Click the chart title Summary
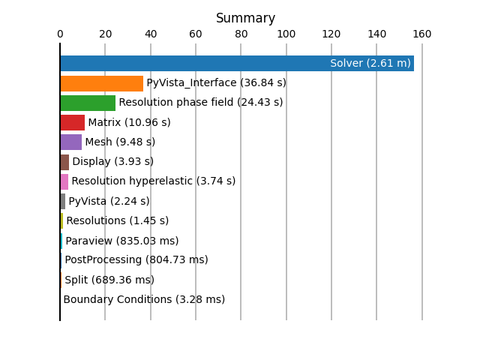coord(245,18)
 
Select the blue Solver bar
coord(237,63)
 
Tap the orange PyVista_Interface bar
coord(102,83)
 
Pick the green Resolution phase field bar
coord(88,103)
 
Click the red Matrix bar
coord(73,123)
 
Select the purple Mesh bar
coord(71,142)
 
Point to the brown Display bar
coord(64,162)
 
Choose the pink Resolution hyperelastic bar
coord(64,181)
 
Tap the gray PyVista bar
coord(63,202)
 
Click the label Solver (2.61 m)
coord(370,63)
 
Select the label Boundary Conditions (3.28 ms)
coord(144,299)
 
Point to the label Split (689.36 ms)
coord(109,280)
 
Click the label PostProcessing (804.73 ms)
coord(136,260)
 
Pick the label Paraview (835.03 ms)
coord(122,241)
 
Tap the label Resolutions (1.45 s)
coord(118,220)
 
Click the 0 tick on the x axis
coord(60,34)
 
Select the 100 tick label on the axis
coord(286,34)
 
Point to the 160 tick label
coord(422,34)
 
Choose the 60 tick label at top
coord(196,34)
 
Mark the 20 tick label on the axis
coord(105,34)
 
